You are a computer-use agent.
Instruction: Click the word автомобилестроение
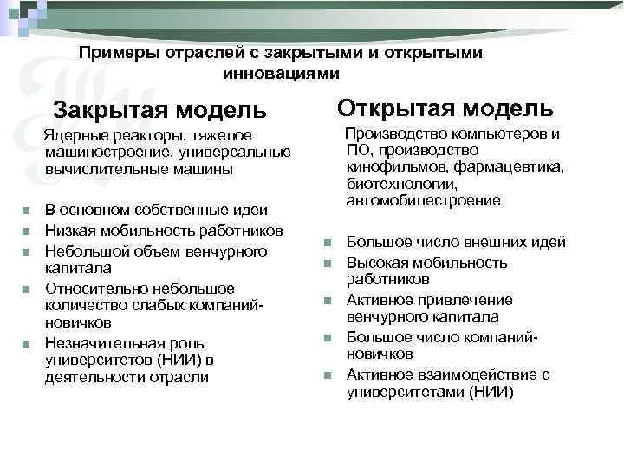423,200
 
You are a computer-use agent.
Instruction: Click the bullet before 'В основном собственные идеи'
28,210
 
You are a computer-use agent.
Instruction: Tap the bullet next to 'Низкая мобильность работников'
28,231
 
